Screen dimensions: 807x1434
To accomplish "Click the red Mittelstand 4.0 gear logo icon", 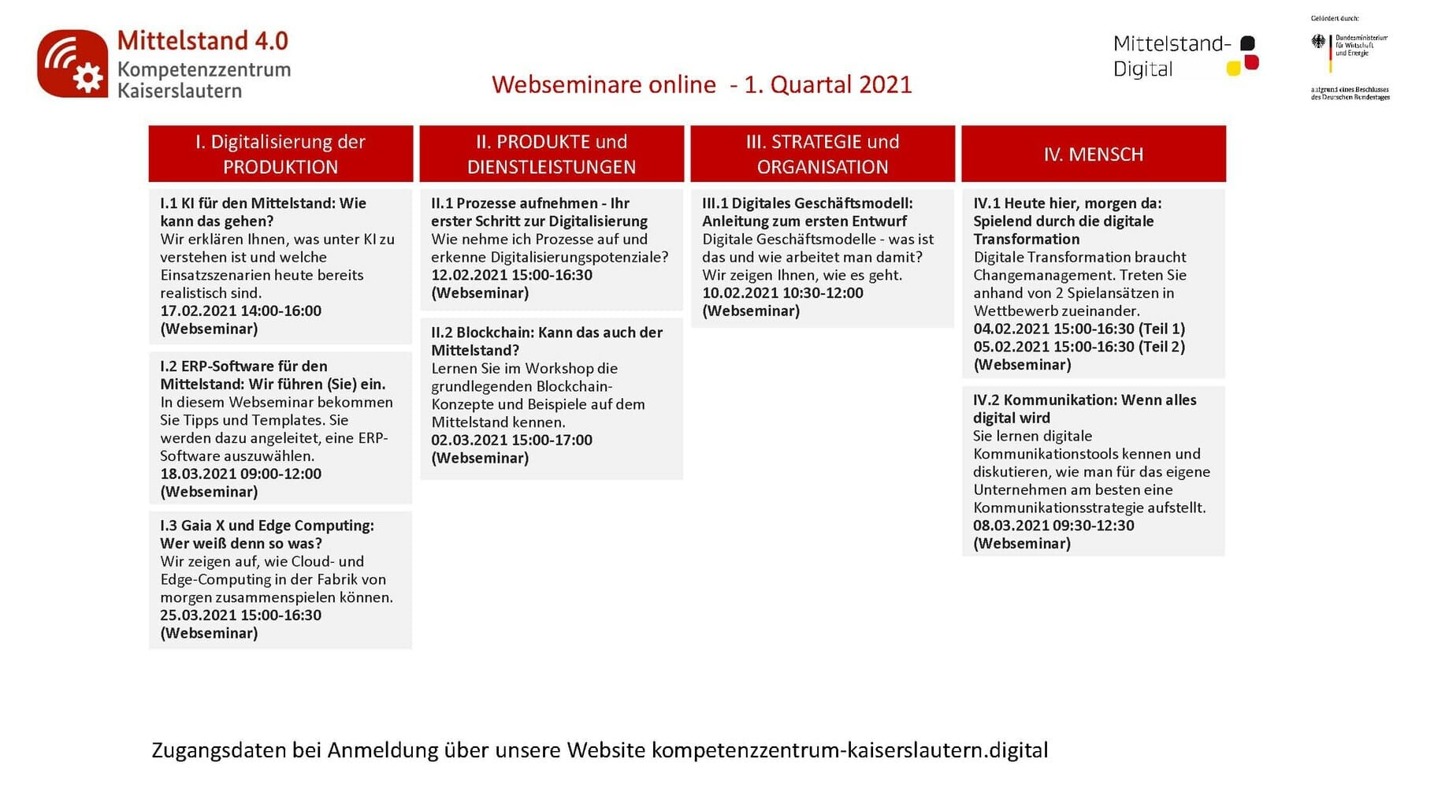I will [x=72, y=64].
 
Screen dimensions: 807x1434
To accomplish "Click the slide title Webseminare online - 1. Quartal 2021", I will [x=701, y=84].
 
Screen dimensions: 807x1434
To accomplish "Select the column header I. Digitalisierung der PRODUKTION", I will [x=280, y=154].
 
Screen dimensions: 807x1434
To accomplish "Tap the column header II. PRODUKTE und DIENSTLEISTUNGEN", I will [x=552, y=154].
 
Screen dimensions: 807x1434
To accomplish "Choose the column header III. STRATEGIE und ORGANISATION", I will [x=823, y=154].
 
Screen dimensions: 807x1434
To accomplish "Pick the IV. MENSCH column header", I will [x=1094, y=154].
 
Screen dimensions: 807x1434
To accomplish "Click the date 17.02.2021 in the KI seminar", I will [x=198, y=311].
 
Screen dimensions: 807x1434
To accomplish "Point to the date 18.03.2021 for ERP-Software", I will [x=198, y=474].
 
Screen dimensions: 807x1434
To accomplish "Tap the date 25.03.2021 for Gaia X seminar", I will [x=198, y=615].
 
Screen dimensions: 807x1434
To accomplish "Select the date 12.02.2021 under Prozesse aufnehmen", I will [x=469, y=275].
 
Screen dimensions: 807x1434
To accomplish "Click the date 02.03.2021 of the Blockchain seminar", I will [x=469, y=441].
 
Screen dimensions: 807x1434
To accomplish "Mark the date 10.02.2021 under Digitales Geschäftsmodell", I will [x=740, y=293].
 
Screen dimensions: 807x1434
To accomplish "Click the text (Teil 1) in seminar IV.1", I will [x=1161, y=329].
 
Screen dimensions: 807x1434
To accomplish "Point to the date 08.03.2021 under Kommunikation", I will [x=1011, y=526].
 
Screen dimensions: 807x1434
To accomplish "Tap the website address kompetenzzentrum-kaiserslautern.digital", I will [x=849, y=750].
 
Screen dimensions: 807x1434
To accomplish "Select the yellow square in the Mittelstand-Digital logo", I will [x=1234, y=69].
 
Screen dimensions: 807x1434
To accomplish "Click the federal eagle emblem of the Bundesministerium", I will [x=1318, y=42].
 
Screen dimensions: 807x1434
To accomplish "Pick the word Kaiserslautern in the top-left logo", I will [x=180, y=91].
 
